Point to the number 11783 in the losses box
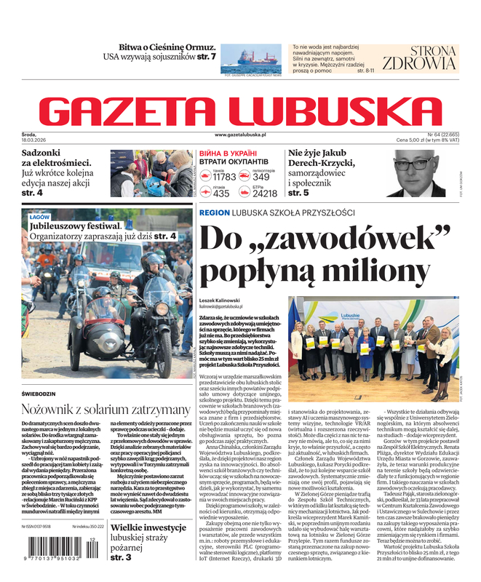[x=224, y=177]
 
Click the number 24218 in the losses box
[x=265, y=194]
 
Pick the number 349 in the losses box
[x=261, y=177]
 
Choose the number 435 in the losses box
[x=221, y=194]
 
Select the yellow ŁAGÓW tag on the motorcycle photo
[x=39, y=218]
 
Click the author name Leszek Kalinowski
[x=222, y=300]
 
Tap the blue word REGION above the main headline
[x=213, y=212]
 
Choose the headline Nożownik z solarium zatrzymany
[x=97, y=409]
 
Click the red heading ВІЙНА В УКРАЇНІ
[x=227, y=154]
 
